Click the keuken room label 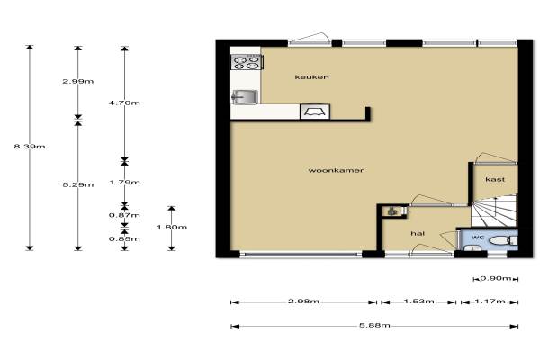click(x=311, y=77)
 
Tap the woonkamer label click(x=336, y=170)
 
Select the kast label click(x=495, y=179)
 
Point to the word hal click(x=418, y=234)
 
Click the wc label click(x=478, y=238)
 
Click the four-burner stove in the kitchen click(x=247, y=62)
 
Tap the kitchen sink click(x=245, y=97)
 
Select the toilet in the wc click(x=503, y=240)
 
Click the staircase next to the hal click(x=494, y=211)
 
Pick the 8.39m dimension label click(x=30, y=147)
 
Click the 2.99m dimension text click(x=78, y=82)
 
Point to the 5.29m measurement click(x=78, y=185)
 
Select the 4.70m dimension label click(x=124, y=103)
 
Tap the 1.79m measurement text click(x=125, y=183)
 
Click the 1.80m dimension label click(x=172, y=228)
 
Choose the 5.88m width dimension click(x=374, y=325)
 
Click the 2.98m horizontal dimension click(x=304, y=301)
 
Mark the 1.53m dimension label click(x=419, y=301)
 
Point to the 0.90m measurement click(x=496, y=278)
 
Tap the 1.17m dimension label click(x=490, y=301)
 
